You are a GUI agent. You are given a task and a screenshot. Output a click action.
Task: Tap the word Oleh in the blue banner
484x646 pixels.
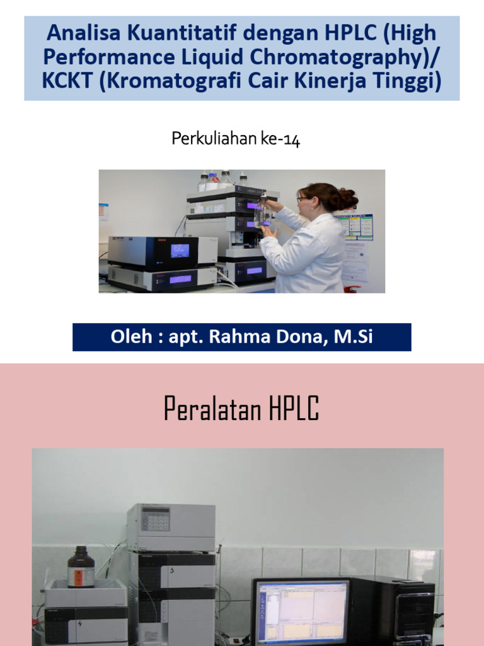click(x=132, y=337)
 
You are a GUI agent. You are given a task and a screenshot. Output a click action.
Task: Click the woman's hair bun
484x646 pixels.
click(x=347, y=199)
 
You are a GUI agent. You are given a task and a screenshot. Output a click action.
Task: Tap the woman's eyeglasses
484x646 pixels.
click(x=303, y=199)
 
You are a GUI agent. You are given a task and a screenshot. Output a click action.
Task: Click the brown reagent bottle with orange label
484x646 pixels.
click(x=81, y=567)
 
